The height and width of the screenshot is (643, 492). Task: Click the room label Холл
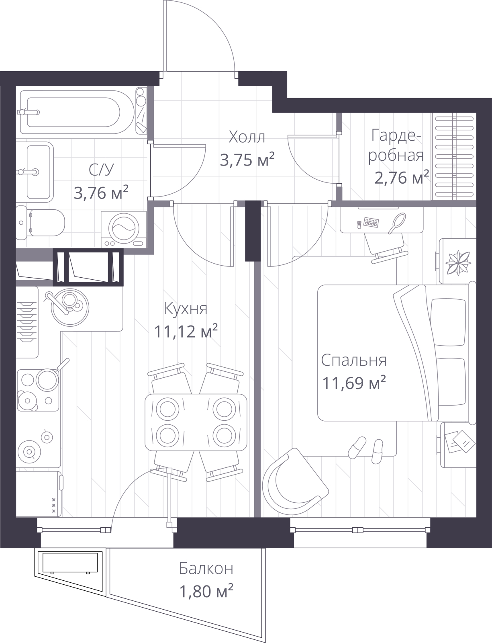click(247, 137)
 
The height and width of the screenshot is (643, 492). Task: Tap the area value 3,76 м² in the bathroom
click(101, 192)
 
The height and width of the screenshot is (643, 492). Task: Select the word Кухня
click(186, 309)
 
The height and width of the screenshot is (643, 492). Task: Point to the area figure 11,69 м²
click(354, 383)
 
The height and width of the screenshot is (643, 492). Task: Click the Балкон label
click(206, 568)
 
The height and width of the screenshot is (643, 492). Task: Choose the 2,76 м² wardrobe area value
click(402, 178)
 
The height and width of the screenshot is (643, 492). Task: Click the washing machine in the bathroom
click(124, 229)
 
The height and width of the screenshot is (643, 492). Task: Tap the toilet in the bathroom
click(40, 223)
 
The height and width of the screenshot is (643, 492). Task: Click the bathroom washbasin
click(35, 172)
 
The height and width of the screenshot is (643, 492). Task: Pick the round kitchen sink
click(70, 307)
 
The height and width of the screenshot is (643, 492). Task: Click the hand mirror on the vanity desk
click(397, 223)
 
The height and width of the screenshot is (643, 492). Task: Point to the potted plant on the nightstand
click(457, 262)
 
